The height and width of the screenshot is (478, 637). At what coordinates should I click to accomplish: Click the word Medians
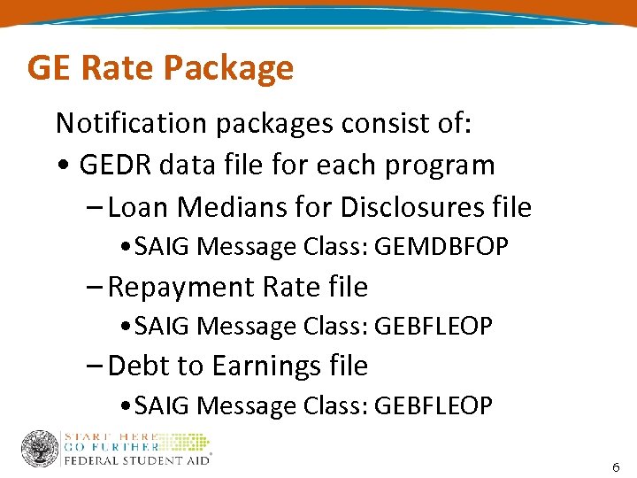coord(211,207)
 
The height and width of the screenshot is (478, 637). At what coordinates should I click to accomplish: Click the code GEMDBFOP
coord(441,247)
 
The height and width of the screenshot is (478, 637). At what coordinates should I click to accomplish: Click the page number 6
coord(616,466)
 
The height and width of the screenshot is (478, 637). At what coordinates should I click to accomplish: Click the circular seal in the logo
coord(40,449)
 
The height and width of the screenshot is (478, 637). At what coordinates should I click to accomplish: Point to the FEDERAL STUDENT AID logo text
coord(138,460)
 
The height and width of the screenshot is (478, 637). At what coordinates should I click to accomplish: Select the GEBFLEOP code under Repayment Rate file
coord(434,327)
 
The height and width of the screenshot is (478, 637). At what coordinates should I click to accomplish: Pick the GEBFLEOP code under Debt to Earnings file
coord(434,405)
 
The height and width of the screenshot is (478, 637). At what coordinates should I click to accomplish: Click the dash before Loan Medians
coord(96,208)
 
